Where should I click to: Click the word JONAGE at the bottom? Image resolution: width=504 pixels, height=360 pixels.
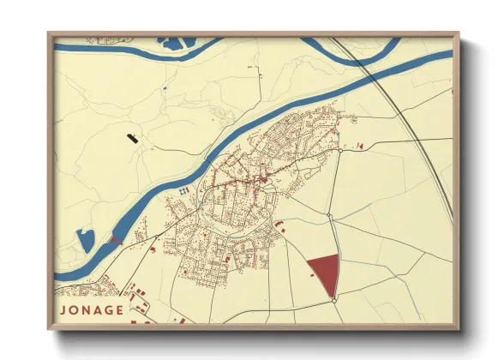pos(91,310)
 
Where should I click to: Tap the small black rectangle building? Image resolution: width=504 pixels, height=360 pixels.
pos(132,136)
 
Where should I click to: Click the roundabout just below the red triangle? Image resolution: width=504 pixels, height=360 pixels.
pos(333,299)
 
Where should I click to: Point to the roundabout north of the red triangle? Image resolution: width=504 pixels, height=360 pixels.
pos(328,214)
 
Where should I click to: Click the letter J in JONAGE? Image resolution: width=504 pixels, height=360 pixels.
pos(63,310)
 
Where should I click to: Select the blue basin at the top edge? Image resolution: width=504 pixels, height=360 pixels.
pos(172,41)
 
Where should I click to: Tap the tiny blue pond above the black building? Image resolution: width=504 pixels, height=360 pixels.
pos(163,87)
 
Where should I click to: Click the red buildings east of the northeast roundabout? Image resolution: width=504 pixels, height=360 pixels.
pos(359,147)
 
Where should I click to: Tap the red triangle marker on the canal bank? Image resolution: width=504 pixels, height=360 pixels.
pos(116,240)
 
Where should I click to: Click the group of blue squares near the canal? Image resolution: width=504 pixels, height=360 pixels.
pos(183,188)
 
